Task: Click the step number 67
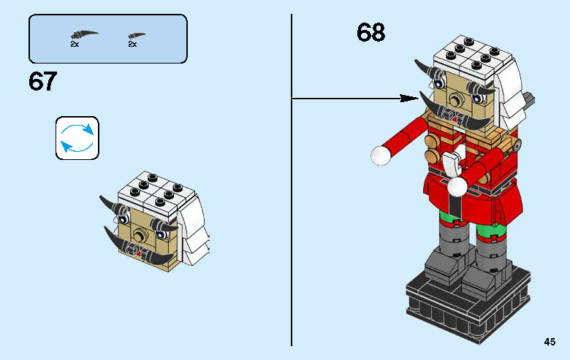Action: tap(42, 81)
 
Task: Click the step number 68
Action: tap(370, 33)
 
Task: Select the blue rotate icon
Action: tap(77, 138)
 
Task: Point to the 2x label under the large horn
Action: tap(75, 45)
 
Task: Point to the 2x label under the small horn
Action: tap(132, 45)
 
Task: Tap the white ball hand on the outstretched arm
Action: tap(379, 154)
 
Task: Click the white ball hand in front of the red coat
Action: tap(457, 187)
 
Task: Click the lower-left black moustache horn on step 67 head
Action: tap(118, 240)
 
